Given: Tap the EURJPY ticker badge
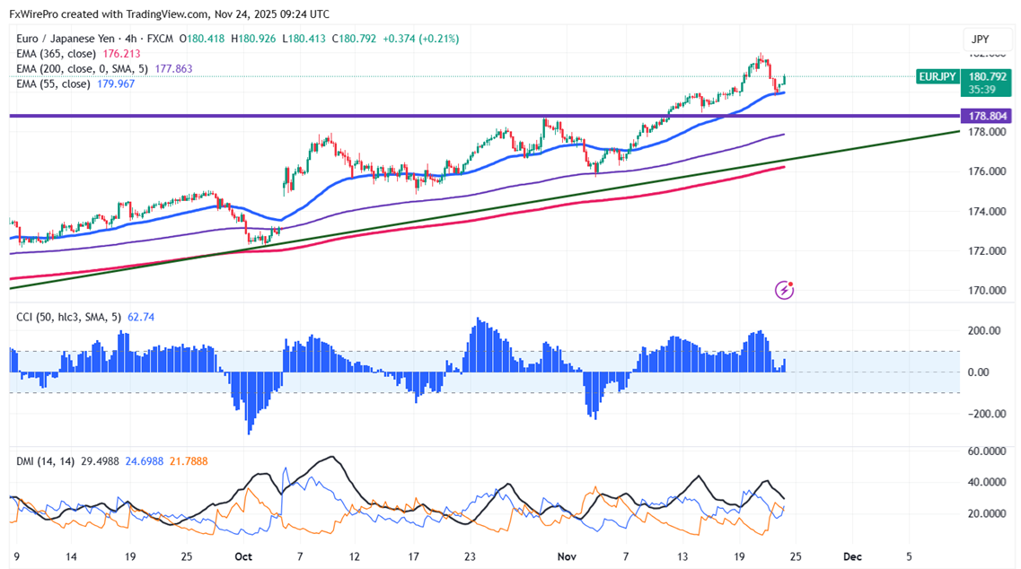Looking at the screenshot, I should tap(937, 77).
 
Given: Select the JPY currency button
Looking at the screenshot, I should tap(980, 39).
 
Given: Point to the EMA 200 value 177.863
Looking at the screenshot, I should tap(172, 69).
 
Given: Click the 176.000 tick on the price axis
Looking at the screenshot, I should tap(987, 171).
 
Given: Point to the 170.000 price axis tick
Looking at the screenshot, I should tap(987, 290).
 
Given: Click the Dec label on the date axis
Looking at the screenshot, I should tap(853, 556).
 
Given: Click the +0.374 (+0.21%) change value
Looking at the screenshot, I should tap(421, 39).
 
